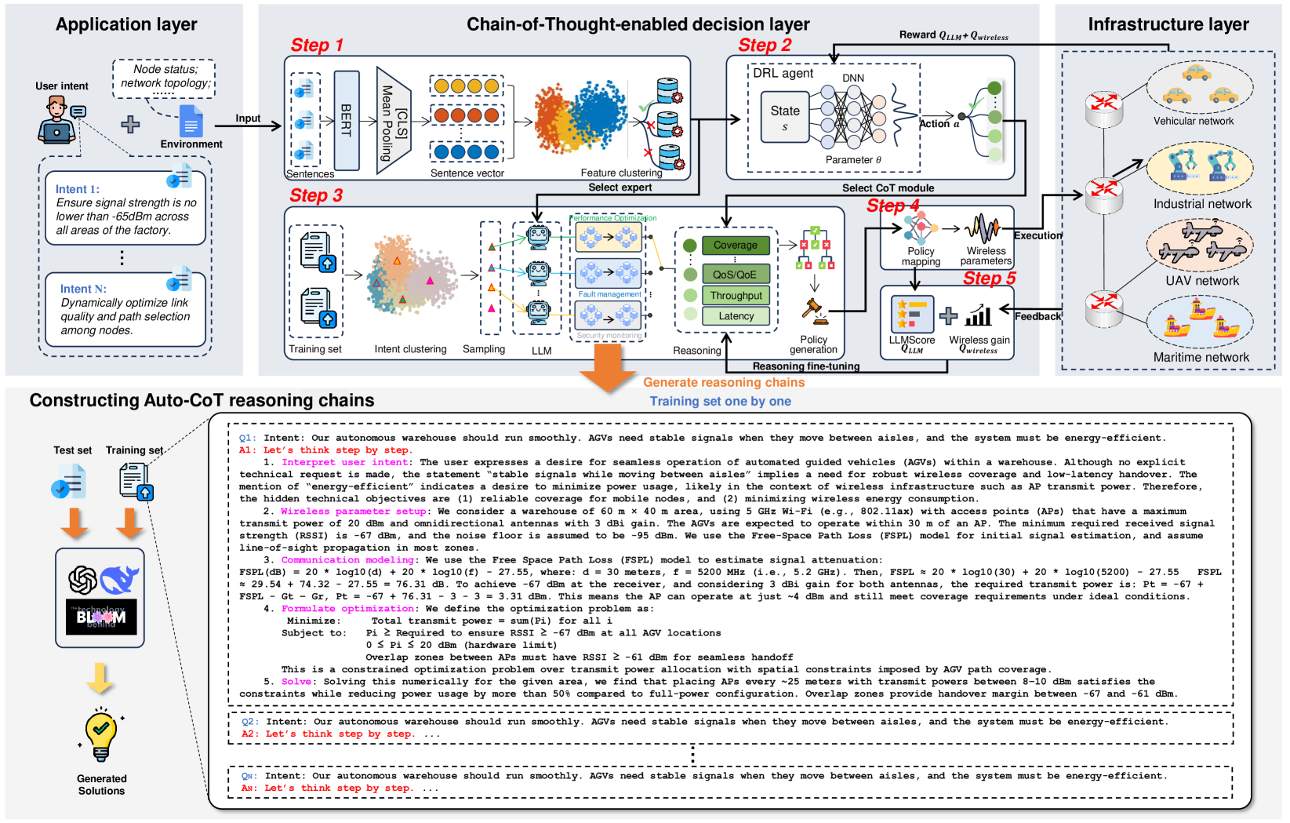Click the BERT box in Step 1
click(x=347, y=120)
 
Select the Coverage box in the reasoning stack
click(x=735, y=246)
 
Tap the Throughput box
click(x=736, y=296)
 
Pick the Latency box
click(x=736, y=316)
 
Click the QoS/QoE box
click(x=735, y=275)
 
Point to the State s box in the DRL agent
click(x=784, y=117)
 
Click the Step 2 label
click(x=765, y=46)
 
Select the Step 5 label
click(x=989, y=279)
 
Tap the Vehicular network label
click(x=1193, y=122)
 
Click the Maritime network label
click(x=1201, y=358)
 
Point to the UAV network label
click(x=1202, y=281)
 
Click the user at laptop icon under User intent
click(x=58, y=119)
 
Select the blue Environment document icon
click(x=191, y=122)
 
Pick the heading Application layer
click(x=126, y=24)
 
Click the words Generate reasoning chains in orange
click(x=724, y=383)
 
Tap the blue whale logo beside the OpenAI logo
click(x=120, y=579)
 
